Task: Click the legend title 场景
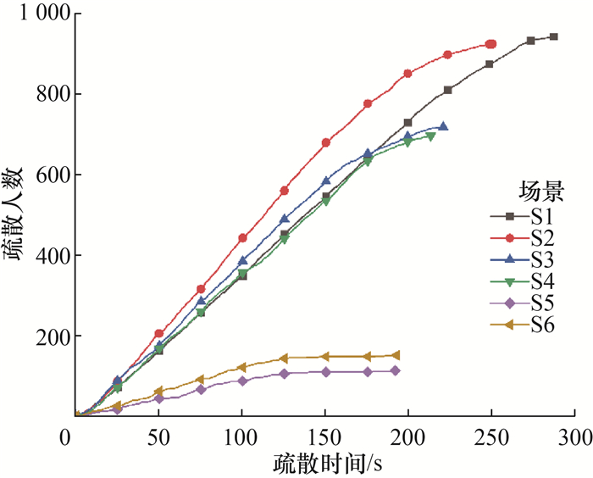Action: pos(538,188)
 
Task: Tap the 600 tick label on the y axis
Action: pos(45,175)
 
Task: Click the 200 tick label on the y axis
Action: pos(45,336)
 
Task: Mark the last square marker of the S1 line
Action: pos(553,37)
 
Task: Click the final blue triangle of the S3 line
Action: pos(443,126)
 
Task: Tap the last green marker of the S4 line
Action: pos(431,136)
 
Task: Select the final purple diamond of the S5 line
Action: pos(395,371)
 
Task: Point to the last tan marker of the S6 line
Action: pos(396,355)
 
